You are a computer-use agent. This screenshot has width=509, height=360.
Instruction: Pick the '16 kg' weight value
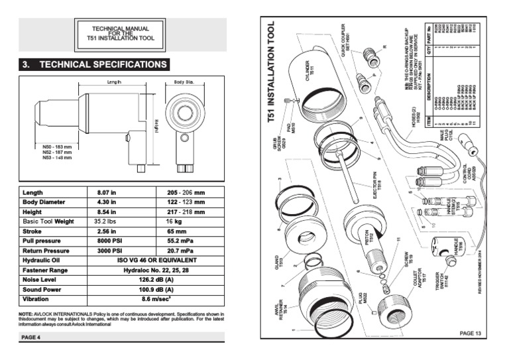coord(174,221)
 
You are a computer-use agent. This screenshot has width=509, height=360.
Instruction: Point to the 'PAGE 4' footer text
coord(30,337)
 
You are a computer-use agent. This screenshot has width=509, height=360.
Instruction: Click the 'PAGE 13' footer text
coord(470,333)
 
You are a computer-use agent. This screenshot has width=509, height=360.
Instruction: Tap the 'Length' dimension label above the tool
coord(115,82)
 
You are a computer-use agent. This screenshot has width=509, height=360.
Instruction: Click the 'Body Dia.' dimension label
coord(183,82)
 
